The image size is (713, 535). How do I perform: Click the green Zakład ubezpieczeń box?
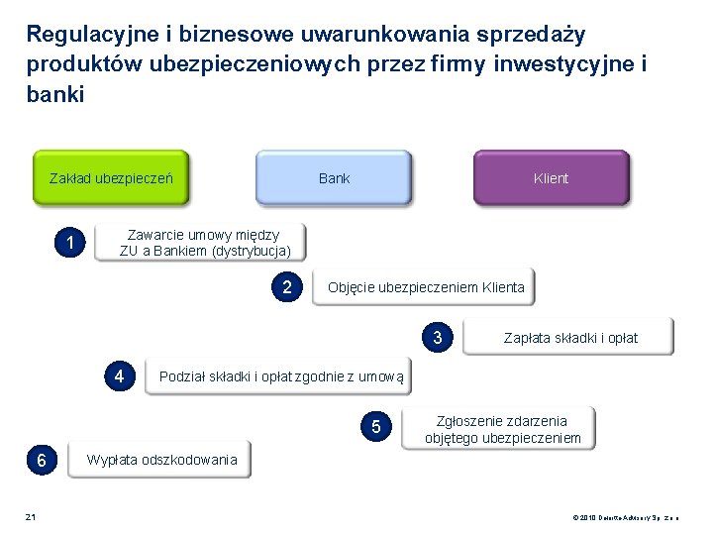pyautogui.click(x=111, y=178)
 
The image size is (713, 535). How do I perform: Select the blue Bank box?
pyautogui.click(x=334, y=178)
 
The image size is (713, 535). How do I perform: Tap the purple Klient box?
pyautogui.click(x=551, y=178)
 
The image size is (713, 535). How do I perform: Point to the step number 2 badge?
pyautogui.click(x=287, y=288)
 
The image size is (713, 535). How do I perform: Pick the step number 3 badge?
pyautogui.click(x=438, y=337)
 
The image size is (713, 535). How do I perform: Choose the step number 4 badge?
pyautogui.click(x=119, y=376)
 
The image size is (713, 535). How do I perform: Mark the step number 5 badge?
pyautogui.click(x=375, y=427)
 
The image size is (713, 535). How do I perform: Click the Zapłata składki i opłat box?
pyautogui.click(x=571, y=337)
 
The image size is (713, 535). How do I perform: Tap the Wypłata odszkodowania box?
pyautogui.click(x=160, y=460)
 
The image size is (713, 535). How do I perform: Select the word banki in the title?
pyautogui.click(x=55, y=95)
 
